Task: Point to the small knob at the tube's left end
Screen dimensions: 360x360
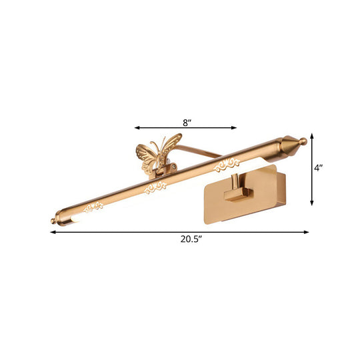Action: coord(53,221)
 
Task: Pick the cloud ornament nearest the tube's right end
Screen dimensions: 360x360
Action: coord(230,161)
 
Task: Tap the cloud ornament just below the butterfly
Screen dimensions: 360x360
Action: coord(157,187)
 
